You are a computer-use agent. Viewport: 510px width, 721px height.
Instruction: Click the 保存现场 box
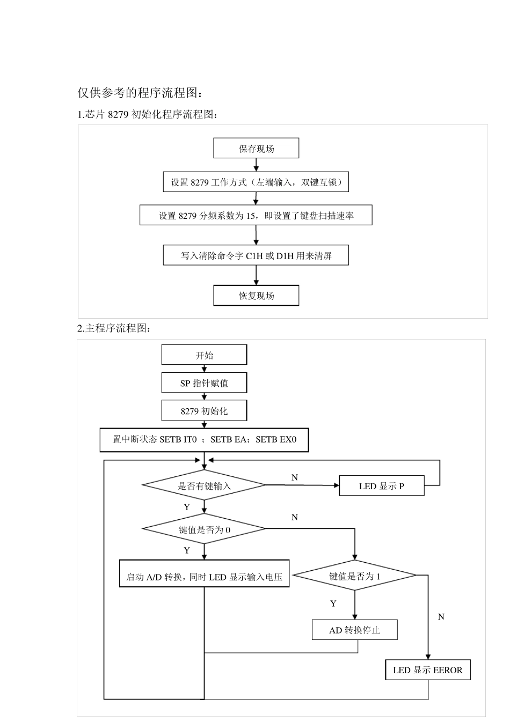click(256, 149)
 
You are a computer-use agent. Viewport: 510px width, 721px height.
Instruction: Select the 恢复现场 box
click(256, 296)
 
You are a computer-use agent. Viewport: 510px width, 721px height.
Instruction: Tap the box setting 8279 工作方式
click(256, 182)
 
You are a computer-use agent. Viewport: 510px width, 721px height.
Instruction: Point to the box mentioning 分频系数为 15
click(256, 216)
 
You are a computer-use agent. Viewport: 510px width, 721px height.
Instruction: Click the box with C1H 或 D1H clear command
click(256, 256)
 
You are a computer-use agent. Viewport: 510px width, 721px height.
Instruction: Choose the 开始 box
click(204, 355)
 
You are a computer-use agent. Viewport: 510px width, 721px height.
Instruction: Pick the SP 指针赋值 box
click(204, 383)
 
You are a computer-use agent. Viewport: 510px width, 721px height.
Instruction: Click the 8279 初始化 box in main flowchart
click(204, 411)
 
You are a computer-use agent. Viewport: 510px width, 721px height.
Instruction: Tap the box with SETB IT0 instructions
click(204, 439)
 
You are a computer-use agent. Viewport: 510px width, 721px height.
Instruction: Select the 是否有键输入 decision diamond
click(204, 485)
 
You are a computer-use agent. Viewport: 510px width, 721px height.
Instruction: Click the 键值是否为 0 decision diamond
click(204, 529)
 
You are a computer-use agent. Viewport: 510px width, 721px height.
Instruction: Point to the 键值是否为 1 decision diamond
click(355, 576)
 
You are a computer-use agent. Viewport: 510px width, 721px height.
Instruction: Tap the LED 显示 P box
click(381, 486)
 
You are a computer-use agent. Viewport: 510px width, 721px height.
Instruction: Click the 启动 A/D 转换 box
click(204, 577)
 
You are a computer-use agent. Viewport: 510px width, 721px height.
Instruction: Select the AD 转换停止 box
click(354, 630)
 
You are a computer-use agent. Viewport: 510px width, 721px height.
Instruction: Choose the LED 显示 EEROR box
click(427, 670)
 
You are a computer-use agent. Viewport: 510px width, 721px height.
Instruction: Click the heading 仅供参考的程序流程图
click(141, 93)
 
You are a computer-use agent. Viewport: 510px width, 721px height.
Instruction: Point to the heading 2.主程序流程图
click(114, 328)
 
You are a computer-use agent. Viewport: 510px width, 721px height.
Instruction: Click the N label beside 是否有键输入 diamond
click(294, 477)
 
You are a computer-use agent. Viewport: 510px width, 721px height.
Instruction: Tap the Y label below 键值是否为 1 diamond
click(333, 604)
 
